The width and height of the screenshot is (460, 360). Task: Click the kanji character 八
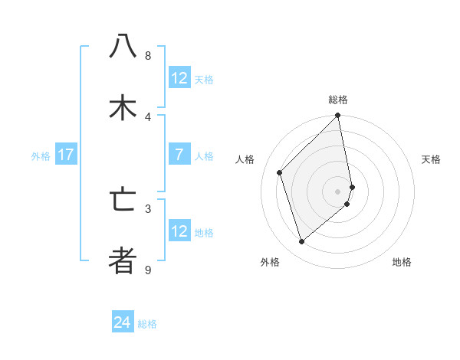(123, 47)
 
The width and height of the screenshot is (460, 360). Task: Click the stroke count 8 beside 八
(147, 56)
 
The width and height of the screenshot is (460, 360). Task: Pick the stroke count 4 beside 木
(147, 117)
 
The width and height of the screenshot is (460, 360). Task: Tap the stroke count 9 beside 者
(147, 270)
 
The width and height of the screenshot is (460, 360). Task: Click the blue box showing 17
(65, 155)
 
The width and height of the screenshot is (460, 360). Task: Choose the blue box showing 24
(123, 323)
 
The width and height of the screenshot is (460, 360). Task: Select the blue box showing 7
(179, 155)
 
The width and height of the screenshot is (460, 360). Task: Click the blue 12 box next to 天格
(179, 78)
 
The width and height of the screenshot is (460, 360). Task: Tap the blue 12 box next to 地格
(179, 231)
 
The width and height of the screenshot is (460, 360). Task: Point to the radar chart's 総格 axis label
(338, 100)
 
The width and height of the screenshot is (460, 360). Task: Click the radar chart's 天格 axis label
(431, 159)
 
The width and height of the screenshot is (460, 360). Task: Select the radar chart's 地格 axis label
(402, 262)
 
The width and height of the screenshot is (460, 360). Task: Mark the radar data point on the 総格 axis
(338, 116)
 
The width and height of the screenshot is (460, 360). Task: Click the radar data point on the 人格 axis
(280, 172)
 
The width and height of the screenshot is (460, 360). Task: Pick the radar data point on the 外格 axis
(302, 242)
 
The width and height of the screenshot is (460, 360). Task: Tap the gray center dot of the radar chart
(338, 191)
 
